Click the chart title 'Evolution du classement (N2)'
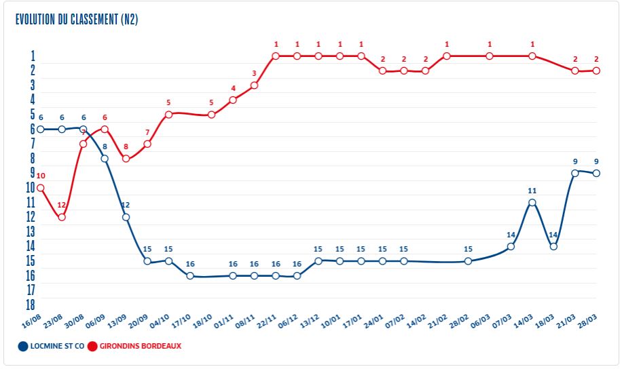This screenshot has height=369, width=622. pos(77,20)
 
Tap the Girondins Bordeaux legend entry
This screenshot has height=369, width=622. pos(136,346)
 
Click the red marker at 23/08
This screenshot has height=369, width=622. pos(62,217)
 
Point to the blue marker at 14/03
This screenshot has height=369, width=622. pos(532,202)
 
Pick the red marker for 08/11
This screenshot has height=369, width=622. pos(254,85)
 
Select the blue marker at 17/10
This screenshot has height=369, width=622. pos(190,276)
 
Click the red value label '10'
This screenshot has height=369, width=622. pos(40,176)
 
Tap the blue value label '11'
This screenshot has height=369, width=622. pos(532,191)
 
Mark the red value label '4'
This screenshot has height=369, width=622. pos(233,88)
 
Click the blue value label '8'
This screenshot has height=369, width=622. pos(105,147)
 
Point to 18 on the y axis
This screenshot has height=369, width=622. pos(31,305)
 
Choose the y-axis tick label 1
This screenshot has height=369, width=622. pos(33,56)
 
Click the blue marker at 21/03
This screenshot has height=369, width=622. pos(575,173)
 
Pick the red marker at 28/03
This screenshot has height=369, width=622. pos(596,71)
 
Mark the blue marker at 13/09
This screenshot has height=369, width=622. pos(126,217)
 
